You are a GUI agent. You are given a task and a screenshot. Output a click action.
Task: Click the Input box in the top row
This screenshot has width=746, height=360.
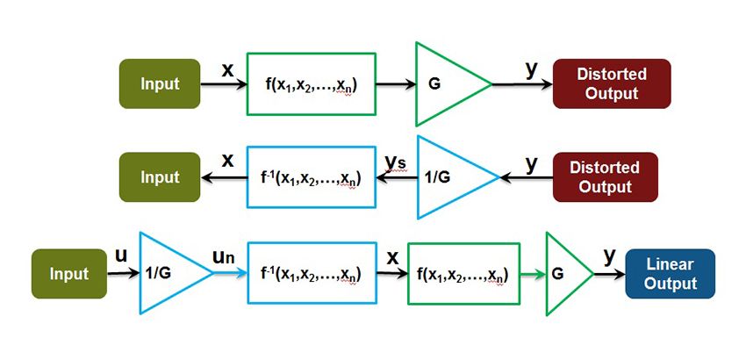pos(160,84)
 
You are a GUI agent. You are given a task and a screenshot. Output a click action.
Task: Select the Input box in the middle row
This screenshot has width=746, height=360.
pos(160,177)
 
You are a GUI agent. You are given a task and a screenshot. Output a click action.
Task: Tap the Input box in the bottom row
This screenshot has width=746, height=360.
pos(69,274)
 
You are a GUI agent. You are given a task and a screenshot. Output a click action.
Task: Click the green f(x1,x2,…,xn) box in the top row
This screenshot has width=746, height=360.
pos(312,85)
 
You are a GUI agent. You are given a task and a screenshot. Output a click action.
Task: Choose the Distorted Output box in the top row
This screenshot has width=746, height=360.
pos(611,84)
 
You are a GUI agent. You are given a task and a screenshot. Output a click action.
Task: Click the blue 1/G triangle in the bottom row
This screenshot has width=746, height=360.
pos(169,273)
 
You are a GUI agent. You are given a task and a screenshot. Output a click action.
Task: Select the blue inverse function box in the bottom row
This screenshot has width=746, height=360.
pos(312,274)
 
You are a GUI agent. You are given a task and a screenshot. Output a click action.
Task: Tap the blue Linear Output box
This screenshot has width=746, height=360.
pos(670,274)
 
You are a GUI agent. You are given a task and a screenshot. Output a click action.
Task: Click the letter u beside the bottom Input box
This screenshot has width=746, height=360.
pos(121,256)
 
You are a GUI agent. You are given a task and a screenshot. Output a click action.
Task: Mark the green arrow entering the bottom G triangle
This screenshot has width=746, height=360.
pos(530,274)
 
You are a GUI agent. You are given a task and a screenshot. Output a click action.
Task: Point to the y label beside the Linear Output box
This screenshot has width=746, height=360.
pos(608,256)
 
